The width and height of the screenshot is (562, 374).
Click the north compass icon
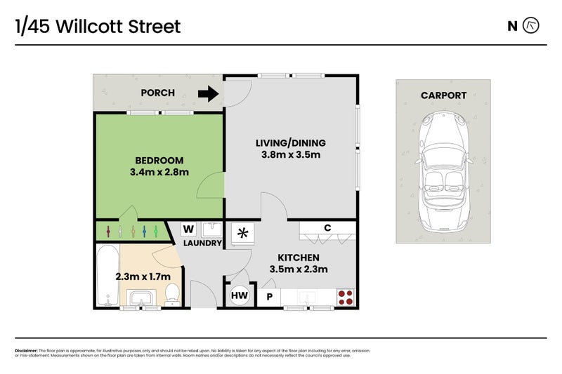pos(532,26)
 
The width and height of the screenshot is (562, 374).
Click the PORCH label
pos(158,93)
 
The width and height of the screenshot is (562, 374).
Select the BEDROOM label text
pos(159,160)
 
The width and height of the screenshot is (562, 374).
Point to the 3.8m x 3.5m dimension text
pos(290,155)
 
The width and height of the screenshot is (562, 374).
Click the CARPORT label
pos(443,95)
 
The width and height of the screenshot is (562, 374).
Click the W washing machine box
pos(188,229)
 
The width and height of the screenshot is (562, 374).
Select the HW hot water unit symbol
pos(239,296)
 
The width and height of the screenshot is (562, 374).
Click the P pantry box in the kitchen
pos(268,297)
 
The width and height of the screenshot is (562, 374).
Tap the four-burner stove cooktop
pos(345,297)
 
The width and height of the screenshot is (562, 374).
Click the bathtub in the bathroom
pos(107,275)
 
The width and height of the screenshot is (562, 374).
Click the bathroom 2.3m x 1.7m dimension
pos(143,276)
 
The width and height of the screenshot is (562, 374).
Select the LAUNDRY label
pos(202,243)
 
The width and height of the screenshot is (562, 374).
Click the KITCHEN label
pos(299,258)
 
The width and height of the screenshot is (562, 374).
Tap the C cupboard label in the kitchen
pos(327,227)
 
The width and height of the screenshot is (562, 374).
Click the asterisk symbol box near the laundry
pos(244,233)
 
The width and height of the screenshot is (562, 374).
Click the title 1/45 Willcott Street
pos(98,27)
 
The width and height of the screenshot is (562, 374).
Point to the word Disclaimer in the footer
pos(26,350)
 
